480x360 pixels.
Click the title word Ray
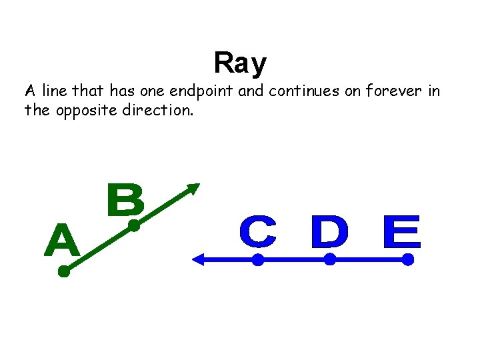click(240, 63)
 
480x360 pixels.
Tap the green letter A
click(62, 241)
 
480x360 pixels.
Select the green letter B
click(125, 201)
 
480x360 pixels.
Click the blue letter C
click(257, 233)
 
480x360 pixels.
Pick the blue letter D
click(329, 233)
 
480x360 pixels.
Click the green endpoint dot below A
click(64, 271)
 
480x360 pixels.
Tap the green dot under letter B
click(133, 226)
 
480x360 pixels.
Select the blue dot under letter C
click(257, 261)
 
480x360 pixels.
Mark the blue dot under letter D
click(329, 261)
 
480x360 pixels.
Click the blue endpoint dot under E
click(408, 261)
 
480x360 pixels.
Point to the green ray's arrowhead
click(193, 189)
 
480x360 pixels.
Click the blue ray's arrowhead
click(197, 261)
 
